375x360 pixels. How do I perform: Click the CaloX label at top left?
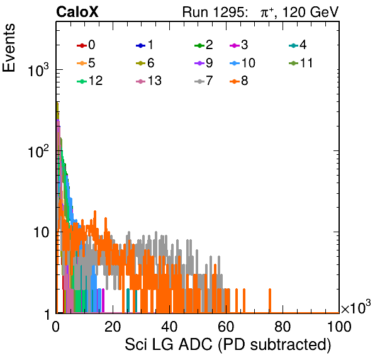pos(77,12)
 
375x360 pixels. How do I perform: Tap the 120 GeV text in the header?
pos(311,12)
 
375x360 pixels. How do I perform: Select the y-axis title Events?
pos(9,48)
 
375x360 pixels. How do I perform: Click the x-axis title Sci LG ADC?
pos(169,344)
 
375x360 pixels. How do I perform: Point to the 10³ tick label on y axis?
pos(38,69)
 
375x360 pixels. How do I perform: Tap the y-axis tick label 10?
pos(41,232)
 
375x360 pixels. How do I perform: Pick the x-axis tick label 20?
pos(113,326)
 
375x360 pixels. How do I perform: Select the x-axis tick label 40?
pos(169,326)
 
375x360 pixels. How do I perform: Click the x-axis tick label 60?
pos(226,326)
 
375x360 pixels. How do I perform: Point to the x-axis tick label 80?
pos(283,326)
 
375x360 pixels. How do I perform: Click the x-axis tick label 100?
pos(339,326)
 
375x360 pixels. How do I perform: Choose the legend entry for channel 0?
pos(86,45)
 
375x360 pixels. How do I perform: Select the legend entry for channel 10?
pos(242,63)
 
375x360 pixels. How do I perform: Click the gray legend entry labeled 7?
pos(204,81)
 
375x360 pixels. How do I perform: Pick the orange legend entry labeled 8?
pos(239,81)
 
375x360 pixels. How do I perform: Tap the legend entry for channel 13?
pos(148,81)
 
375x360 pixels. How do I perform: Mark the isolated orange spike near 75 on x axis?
pos(270,301)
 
